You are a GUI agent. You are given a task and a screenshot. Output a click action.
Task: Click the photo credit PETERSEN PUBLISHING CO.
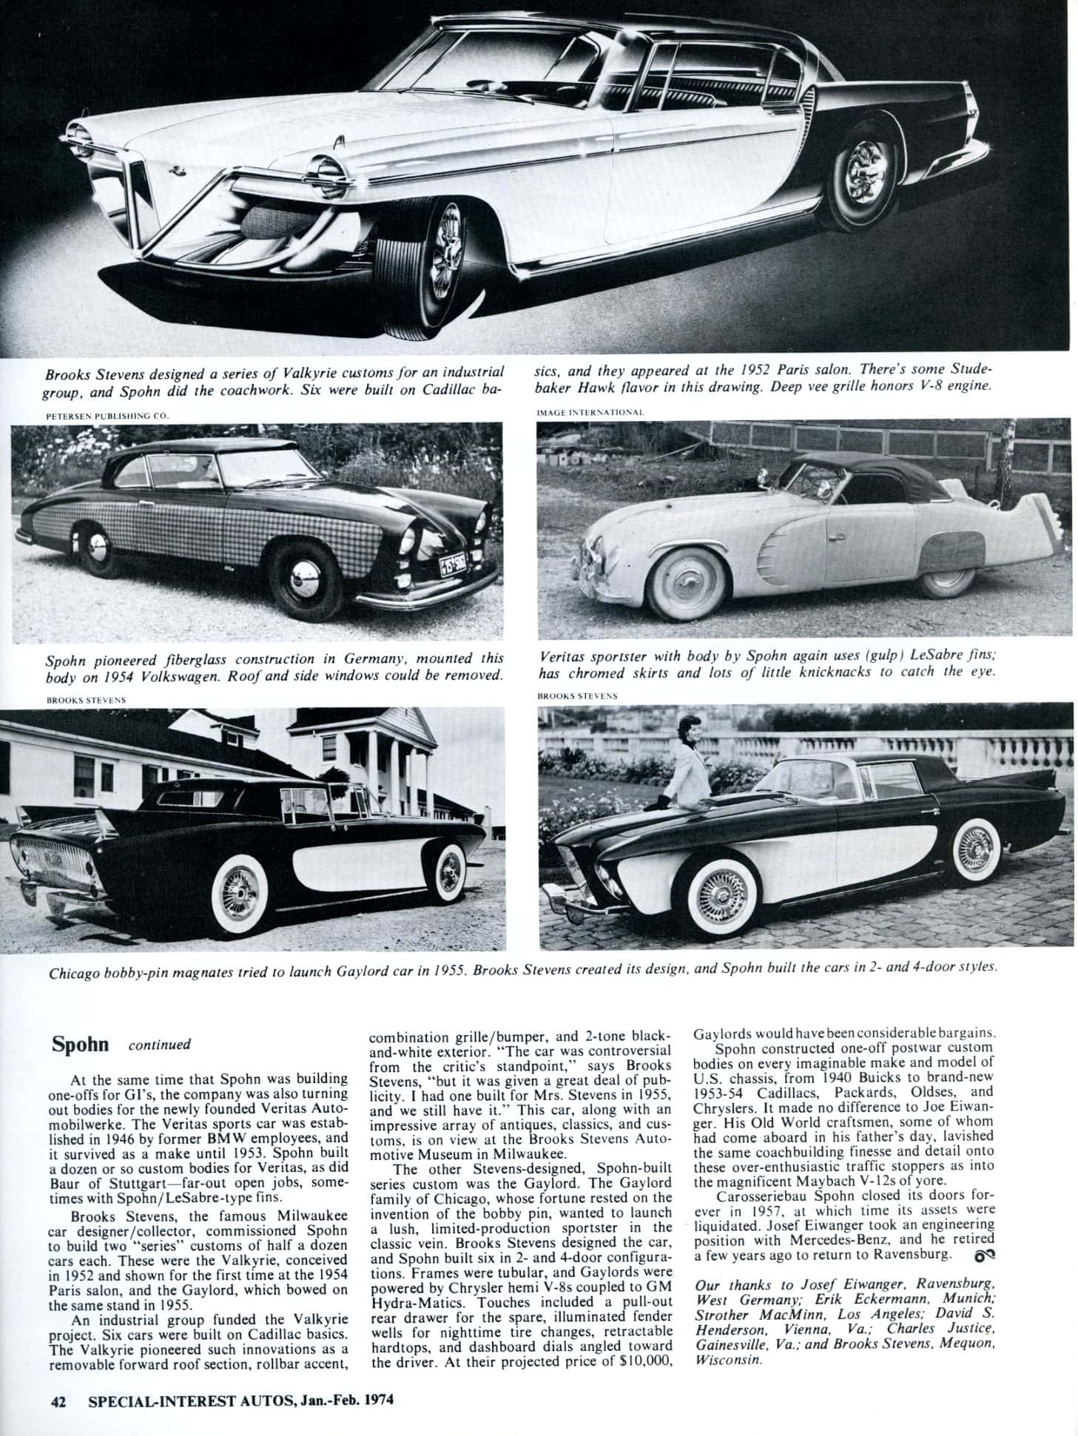[108, 415]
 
